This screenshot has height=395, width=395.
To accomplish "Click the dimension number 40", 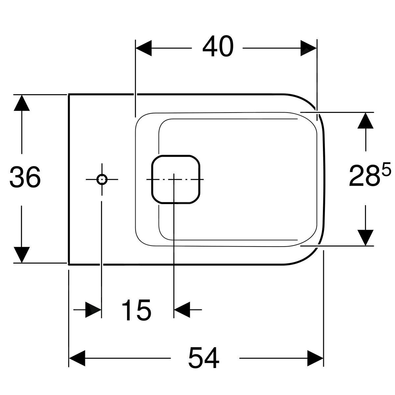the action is (x=218, y=46).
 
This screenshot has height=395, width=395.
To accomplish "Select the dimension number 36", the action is (x=25, y=177).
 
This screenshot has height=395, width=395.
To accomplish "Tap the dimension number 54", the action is (x=204, y=358).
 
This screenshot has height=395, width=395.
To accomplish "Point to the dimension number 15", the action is (x=137, y=310).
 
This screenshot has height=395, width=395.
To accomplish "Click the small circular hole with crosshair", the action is (x=102, y=180).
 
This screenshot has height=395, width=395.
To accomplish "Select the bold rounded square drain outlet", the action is (x=176, y=180).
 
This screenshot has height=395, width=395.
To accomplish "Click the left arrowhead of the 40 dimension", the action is (x=144, y=48).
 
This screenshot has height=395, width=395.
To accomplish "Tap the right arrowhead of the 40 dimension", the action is (x=308, y=48).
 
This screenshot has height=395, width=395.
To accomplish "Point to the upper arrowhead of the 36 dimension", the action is (x=22, y=103).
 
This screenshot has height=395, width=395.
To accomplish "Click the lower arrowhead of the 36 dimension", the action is (x=22, y=255).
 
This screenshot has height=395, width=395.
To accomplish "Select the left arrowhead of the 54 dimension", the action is (x=77, y=358).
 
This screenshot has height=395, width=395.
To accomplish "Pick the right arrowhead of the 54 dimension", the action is (x=315, y=358).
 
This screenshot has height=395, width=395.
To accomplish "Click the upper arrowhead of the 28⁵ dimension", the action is (x=365, y=120).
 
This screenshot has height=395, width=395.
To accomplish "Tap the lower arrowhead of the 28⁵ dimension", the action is (x=365, y=238).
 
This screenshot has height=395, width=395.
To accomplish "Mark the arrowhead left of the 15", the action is (x=93, y=310).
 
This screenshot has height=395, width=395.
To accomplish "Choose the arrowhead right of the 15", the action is (x=182, y=310).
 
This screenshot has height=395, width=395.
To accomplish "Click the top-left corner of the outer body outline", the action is (x=69, y=94).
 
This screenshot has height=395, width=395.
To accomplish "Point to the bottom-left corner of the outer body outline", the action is (x=69, y=265).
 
